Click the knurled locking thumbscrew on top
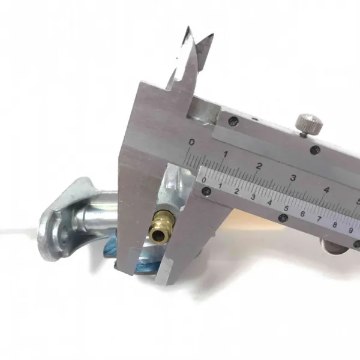[310, 125]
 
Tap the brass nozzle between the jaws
[162, 226]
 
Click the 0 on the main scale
[191, 143]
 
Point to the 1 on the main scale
[226, 154]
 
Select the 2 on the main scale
[259, 166]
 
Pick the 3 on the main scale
[293, 178]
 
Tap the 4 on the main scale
[326, 190]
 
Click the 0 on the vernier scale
[204, 180]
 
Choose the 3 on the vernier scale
[253, 197]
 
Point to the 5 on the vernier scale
[286, 208]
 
